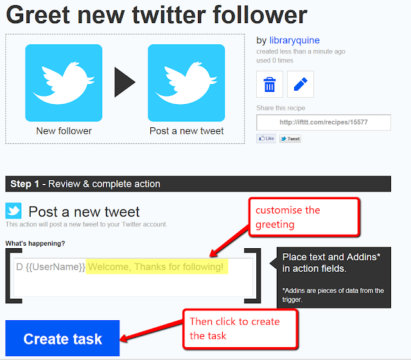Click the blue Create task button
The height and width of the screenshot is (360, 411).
click(62, 338)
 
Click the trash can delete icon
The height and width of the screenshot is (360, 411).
click(270, 84)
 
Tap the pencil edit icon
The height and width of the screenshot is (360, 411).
click(301, 84)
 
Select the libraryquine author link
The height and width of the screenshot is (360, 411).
click(294, 40)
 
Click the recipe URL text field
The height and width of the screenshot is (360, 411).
click(324, 122)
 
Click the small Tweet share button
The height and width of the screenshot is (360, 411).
click(290, 139)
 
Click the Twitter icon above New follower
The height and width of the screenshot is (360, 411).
click(64, 83)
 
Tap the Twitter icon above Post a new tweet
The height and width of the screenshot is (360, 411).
click(186, 83)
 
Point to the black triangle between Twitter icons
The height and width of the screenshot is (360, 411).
click(125, 82)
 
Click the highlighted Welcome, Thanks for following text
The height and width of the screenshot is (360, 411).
click(157, 267)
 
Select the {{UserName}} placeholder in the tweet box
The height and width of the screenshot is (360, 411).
click(55, 267)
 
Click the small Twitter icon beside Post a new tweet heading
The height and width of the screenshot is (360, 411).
click(13, 210)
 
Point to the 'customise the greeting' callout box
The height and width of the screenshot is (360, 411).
click(304, 217)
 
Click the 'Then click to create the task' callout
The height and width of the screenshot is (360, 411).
click(240, 329)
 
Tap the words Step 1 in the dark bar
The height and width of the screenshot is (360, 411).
click(24, 184)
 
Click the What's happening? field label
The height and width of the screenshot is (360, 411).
click(35, 243)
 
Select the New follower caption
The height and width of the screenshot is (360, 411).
click(64, 130)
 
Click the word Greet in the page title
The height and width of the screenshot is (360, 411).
click(39, 15)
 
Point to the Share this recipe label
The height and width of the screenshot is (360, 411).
click(281, 108)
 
